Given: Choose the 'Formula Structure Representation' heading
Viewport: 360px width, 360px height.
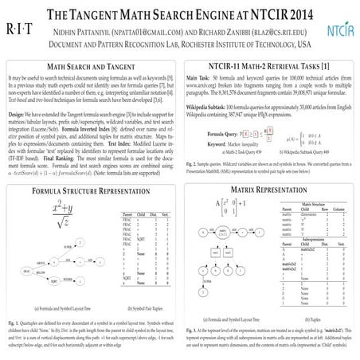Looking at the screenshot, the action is click(90, 170).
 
